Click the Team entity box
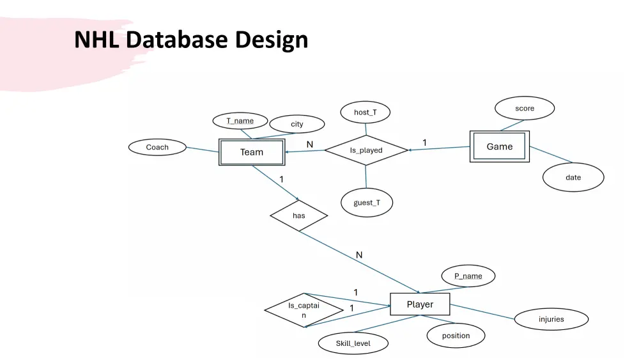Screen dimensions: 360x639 coord(251,152)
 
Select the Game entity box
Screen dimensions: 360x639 coord(499,146)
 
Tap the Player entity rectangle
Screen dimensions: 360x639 coord(420,304)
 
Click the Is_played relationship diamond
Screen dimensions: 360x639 coord(366,150)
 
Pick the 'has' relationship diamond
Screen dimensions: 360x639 coord(299,215)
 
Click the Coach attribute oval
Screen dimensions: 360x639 coord(157,147)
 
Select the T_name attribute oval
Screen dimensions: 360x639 coord(240,121)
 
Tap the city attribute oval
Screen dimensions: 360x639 coord(297,124)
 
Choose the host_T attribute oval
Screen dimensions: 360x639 coord(366,113)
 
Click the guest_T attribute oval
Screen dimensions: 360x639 coord(367,203)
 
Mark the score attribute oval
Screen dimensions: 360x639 coord(525,109)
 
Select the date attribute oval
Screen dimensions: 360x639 coord(573,177)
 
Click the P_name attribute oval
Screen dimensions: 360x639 coord(468,276)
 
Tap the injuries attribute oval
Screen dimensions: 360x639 coord(551,319)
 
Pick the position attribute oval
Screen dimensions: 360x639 coord(456,336)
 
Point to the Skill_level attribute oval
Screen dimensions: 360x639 coord(353,343)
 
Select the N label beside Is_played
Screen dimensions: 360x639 coord(310,145)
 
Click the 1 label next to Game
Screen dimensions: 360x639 coord(424,142)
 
